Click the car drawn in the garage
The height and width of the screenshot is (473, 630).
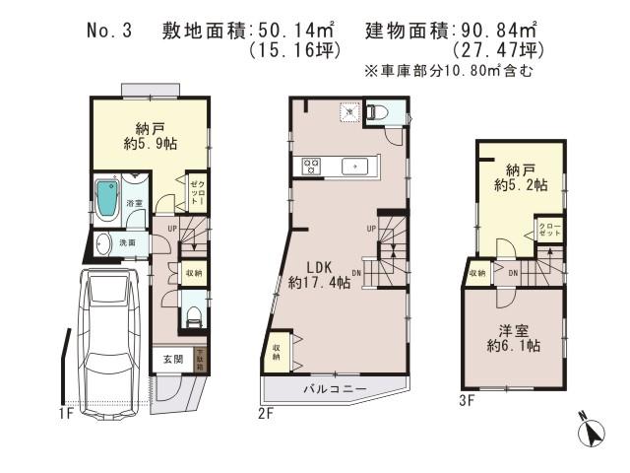tap(106, 340)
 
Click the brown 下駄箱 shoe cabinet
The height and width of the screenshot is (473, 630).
tap(200, 359)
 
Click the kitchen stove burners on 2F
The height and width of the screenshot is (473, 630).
tap(310, 167)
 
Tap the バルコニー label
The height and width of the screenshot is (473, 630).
tap(334, 390)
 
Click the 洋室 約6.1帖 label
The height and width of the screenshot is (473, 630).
tap(511, 337)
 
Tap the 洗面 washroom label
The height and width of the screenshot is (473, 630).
tap(129, 242)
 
